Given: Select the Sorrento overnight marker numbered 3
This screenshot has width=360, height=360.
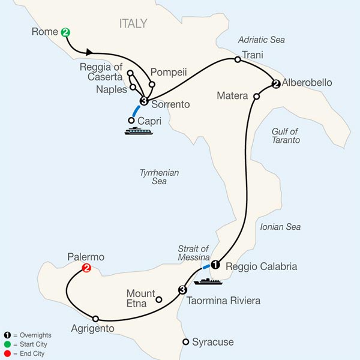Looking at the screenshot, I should pos(143,100).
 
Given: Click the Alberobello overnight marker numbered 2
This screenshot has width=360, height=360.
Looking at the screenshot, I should pos(275,84).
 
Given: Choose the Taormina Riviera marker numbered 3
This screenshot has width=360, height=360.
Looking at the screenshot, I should pos(182,290).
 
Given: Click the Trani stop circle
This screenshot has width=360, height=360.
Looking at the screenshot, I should pos(238,59).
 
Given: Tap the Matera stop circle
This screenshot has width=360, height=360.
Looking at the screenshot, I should pos(256,96).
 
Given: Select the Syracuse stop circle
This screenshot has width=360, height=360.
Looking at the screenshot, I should pos(185,342).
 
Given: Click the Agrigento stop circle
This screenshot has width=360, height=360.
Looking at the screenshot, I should pos(95,319).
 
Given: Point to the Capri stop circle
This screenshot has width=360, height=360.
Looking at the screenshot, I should pos(131,120).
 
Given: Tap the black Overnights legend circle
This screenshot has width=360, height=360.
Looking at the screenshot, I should pos(8,335).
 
